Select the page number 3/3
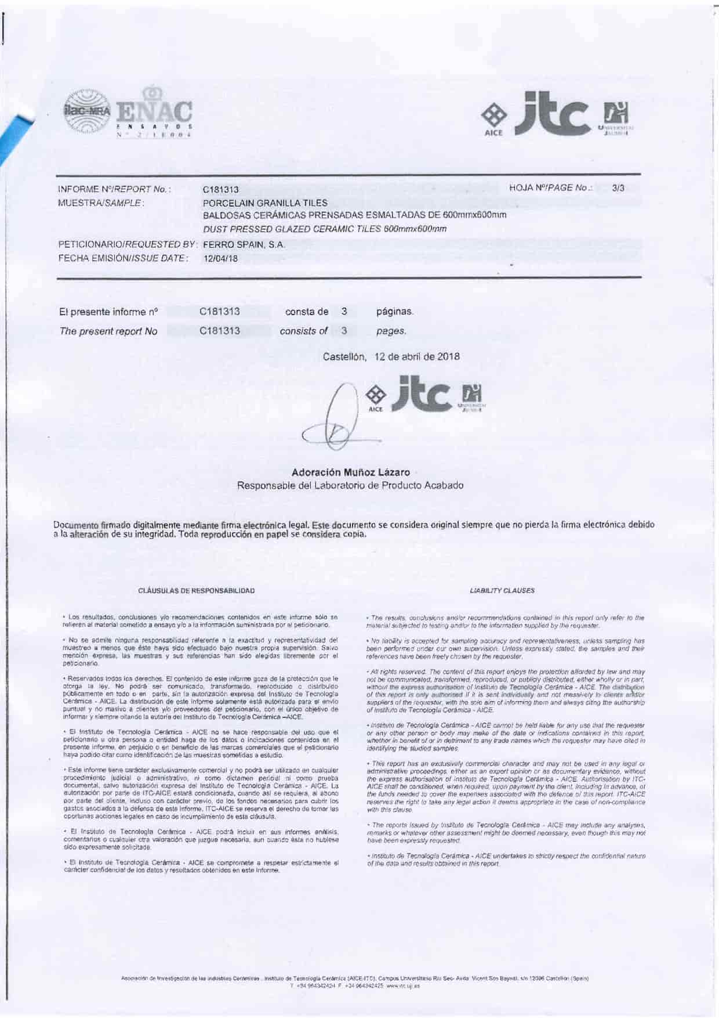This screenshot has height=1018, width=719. (618, 188)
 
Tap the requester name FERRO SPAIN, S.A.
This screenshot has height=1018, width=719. (244, 245)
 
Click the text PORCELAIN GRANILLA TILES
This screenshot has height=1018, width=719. (265, 203)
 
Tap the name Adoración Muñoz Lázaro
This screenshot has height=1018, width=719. (350, 472)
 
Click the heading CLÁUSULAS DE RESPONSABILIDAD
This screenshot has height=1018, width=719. (197, 591)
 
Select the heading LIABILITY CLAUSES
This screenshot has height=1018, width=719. (502, 591)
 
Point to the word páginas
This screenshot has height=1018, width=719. (395, 312)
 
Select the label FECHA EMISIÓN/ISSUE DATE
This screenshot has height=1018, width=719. (124, 258)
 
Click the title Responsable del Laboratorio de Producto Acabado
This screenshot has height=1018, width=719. (350, 486)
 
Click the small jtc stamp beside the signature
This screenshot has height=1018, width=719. (426, 398)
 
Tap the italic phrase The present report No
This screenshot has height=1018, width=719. (108, 331)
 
